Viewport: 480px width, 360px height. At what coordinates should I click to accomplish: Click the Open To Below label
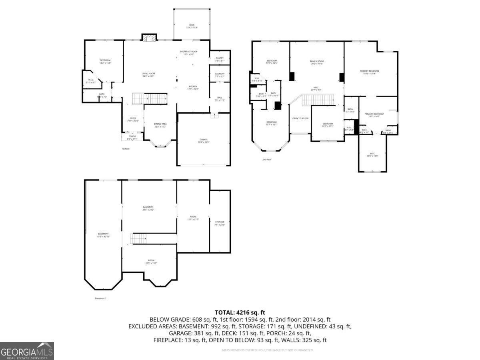tap(300, 118)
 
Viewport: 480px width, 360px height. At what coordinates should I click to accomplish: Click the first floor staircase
tap(149, 98)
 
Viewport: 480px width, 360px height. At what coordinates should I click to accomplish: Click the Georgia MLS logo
tap(27, 351)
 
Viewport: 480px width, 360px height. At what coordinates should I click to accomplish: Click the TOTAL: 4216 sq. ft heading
tap(240, 312)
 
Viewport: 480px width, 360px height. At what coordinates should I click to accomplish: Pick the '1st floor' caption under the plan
tap(126, 149)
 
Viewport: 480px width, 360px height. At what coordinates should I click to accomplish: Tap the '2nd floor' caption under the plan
tap(267, 160)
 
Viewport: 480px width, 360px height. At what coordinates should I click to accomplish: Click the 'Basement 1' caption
tap(100, 298)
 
